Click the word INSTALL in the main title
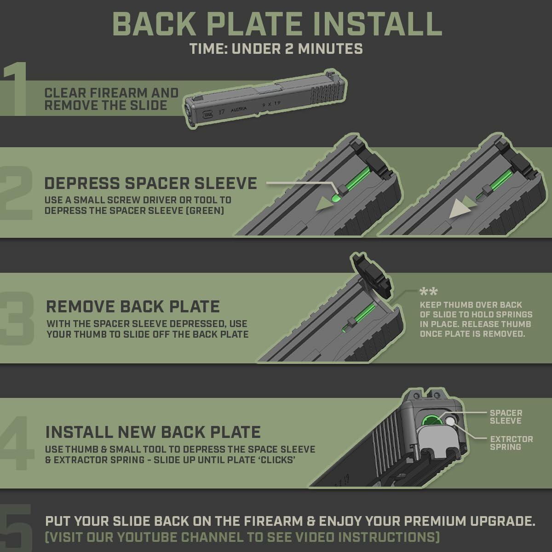coord(377,24)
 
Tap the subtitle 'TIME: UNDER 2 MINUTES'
coord(276,49)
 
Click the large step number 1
coord(15,89)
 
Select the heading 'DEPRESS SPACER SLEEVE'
coord(151,184)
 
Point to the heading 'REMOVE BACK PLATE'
coord(133,306)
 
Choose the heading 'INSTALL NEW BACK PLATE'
coord(153,432)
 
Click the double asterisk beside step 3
coord(428,292)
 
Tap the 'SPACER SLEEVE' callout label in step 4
coord(506,417)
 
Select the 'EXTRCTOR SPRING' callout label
coord(512,443)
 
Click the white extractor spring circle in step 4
coord(450,421)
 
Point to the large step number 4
coord(16,443)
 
